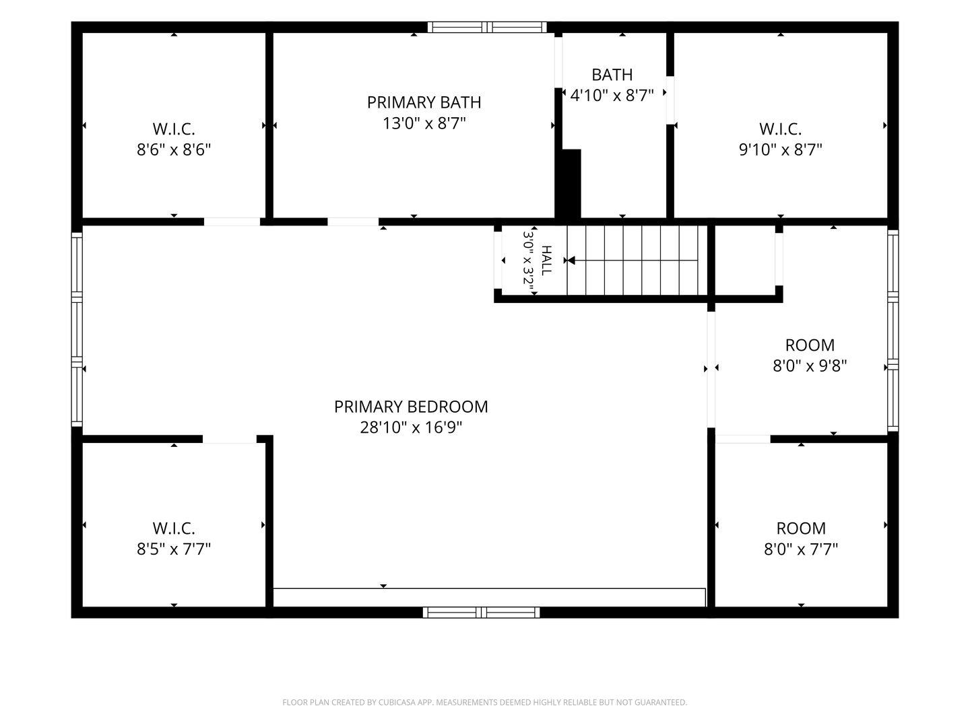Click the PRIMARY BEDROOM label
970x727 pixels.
coord(410,407)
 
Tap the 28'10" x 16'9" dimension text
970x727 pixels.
coord(410,427)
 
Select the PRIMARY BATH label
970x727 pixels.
coord(424,102)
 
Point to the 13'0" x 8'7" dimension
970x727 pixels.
coord(424,123)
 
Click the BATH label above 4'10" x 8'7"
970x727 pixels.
coord(612,75)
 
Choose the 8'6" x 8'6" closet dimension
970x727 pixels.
coord(174,149)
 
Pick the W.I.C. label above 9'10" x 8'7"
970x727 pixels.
coord(781,129)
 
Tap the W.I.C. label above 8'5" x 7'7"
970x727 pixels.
coord(174,528)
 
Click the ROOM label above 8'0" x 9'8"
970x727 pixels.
coord(810,345)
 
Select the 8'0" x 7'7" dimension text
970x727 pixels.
coord(801,549)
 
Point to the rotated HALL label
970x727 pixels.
coord(547,261)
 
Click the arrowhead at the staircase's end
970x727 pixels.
coord(571,261)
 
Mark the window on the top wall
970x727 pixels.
coord(487,28)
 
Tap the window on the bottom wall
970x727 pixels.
coord(481,613)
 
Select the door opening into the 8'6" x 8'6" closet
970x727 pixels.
coord(232,221)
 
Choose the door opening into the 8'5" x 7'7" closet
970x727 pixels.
coord(229,439)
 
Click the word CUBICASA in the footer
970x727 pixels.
coord(397,702)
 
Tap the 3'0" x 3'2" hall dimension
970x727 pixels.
coord(528,263)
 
